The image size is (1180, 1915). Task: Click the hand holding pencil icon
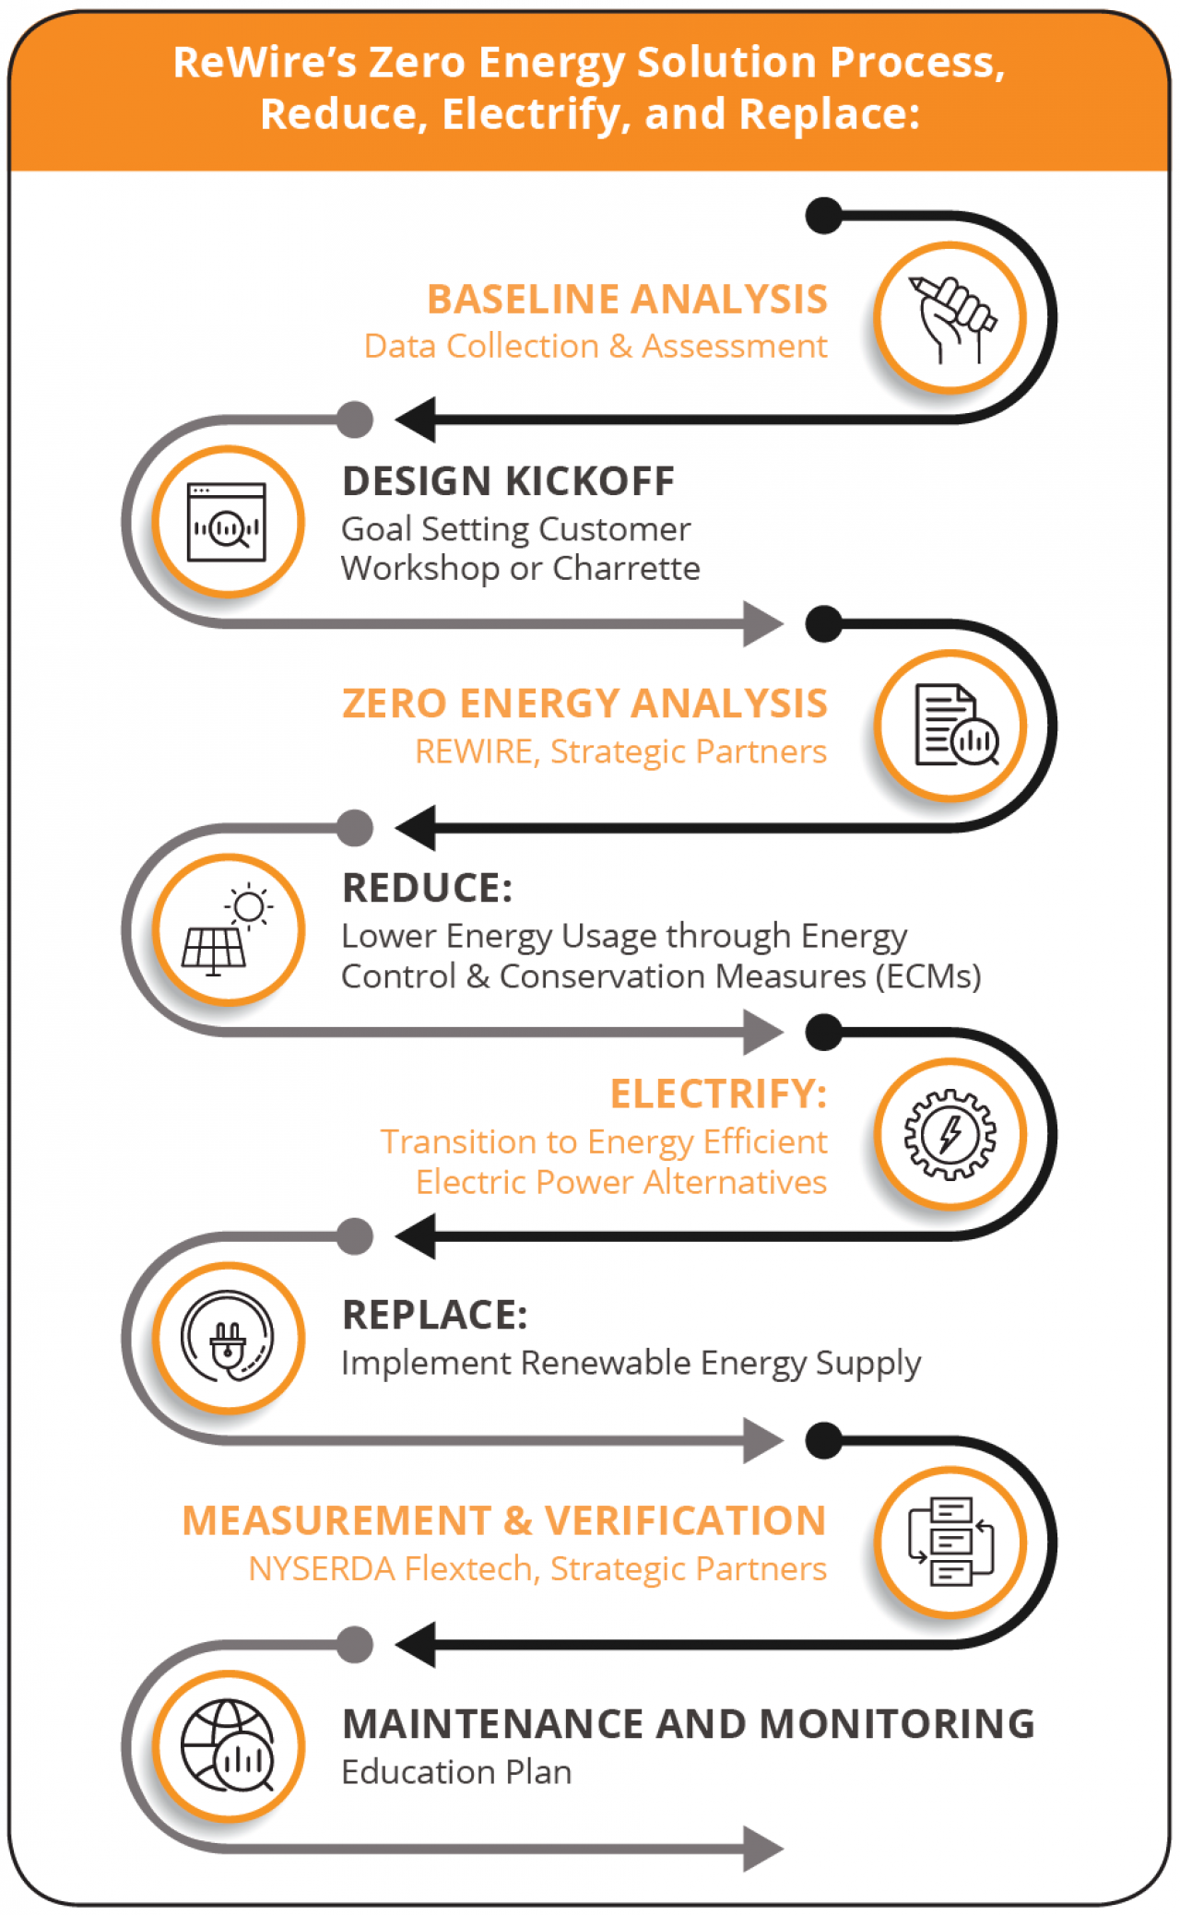[952, 318]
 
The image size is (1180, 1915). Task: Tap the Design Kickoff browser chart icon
[227, 523]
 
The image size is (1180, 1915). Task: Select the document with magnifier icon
[957, 726]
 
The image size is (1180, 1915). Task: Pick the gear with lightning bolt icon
[950, 1134]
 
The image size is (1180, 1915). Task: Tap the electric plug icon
[228, 1337]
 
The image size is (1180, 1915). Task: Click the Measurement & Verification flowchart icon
[951, 1542]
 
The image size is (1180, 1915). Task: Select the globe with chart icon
[228, 1745]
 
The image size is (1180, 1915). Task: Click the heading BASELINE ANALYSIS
[627, 300]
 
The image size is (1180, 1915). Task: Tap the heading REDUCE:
[427, 889]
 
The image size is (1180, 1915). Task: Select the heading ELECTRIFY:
[719, 1094]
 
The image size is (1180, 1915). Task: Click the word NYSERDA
[322, 1568]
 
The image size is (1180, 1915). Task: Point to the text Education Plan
[456, 1772]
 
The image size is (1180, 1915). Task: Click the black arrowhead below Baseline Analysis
[416, 420]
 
